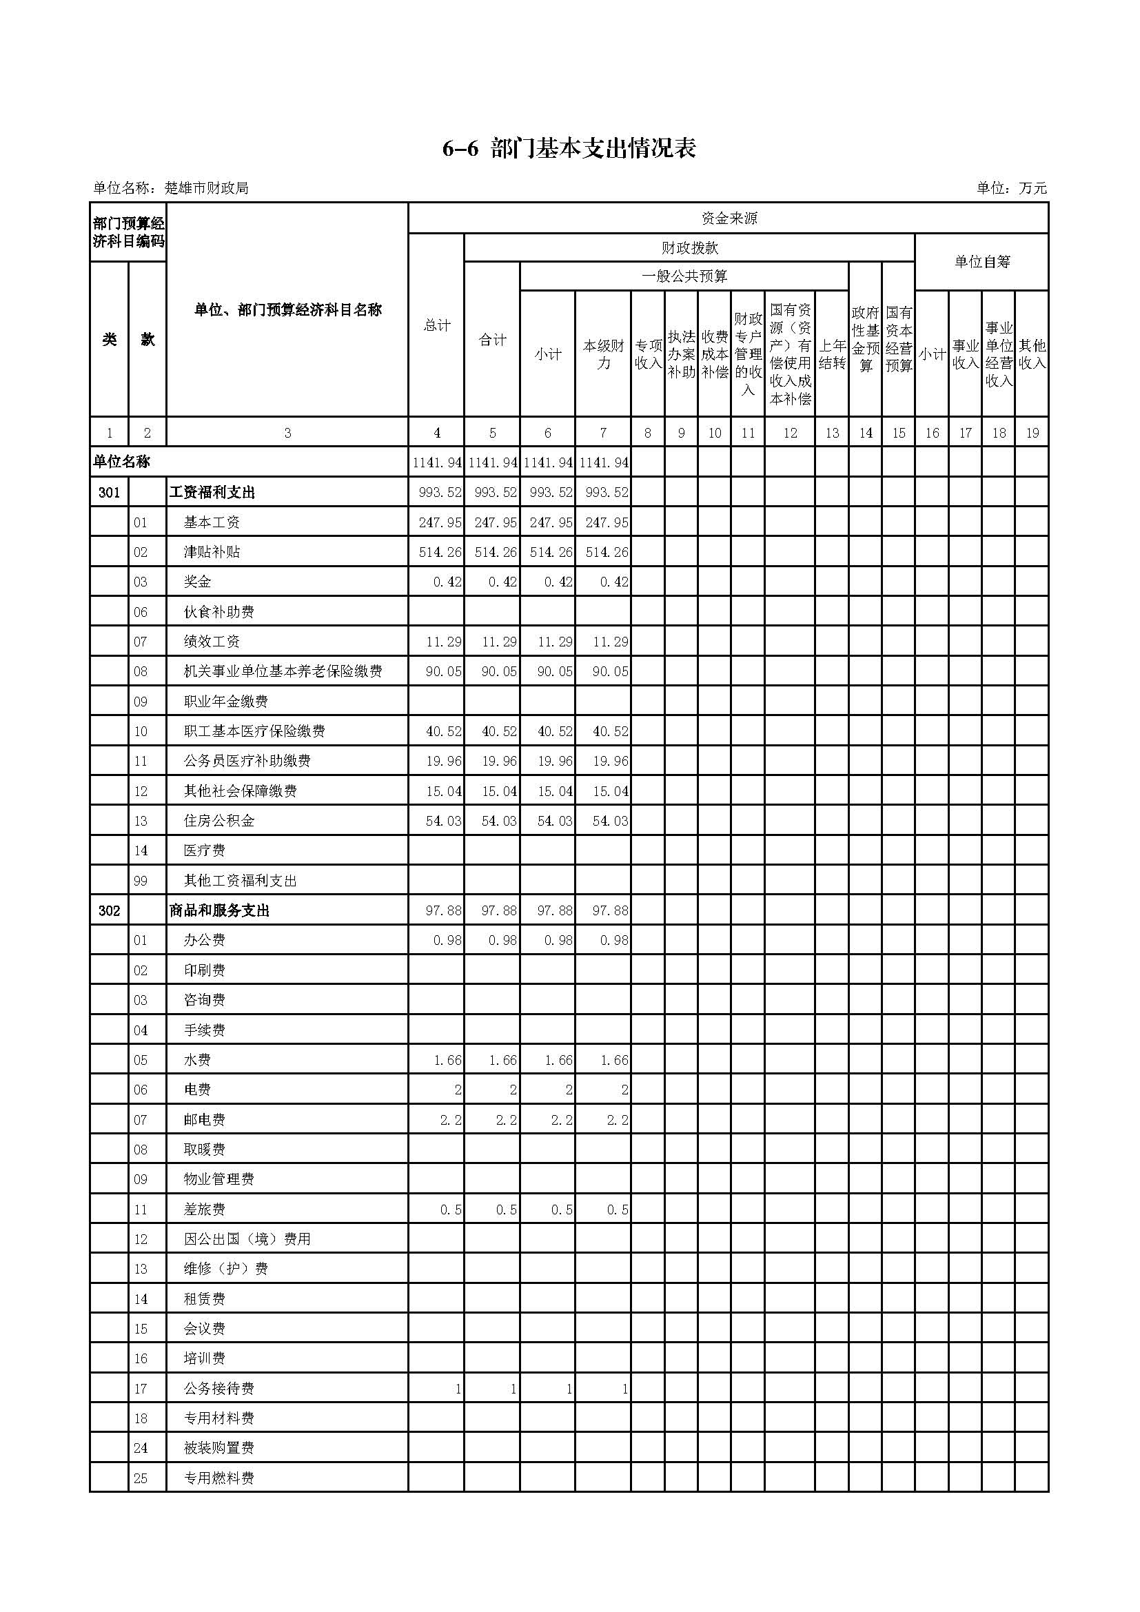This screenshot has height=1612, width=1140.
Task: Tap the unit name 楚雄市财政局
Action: [206, 188]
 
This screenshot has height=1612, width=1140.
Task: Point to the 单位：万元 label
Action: [1011, 188]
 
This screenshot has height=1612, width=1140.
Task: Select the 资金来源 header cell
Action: [729, 218]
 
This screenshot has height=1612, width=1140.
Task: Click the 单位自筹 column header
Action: [981, 262]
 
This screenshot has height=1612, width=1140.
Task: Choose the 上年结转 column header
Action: [832, 354]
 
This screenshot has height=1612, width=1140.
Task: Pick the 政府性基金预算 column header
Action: [866, 339]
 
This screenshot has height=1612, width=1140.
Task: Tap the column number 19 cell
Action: [1032, 433]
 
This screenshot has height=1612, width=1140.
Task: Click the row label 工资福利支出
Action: [212, 493]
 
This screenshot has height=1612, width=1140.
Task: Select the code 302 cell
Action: [110, 910]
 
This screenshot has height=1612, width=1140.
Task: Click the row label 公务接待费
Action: [219, 1389]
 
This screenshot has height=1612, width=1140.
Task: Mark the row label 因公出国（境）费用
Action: [247, 1239]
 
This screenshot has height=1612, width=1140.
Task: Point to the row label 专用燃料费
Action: [219, 1478]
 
